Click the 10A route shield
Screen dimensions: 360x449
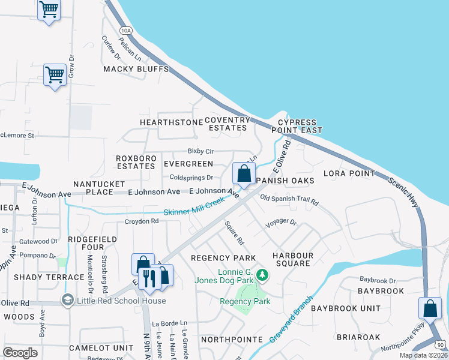[125, 30]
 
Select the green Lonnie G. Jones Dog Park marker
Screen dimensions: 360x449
[261, 275]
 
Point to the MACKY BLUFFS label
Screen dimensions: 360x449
[136, 69]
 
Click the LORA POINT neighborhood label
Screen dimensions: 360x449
[349, 173]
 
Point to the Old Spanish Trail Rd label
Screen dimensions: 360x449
[289, 200]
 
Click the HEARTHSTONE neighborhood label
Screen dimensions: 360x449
[171, 122]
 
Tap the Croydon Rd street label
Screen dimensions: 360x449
[141, 221]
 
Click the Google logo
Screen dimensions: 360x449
[20, 352]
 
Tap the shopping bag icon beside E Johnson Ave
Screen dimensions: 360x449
[244, 174]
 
